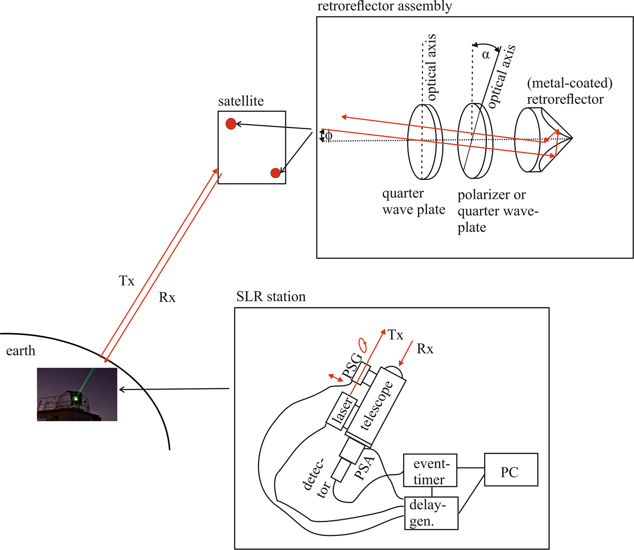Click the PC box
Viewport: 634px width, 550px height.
tap(510, 470)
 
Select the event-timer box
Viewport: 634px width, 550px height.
tap(430, 471)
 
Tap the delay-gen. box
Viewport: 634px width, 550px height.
tap(431, 513)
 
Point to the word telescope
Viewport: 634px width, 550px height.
tap(376, 406)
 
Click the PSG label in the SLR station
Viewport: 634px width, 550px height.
tap(352, 366)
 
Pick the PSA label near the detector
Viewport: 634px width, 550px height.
tap(364, 467)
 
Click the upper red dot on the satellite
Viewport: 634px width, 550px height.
tap(231, 124)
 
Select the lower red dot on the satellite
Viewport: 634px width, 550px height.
tap(275, 173)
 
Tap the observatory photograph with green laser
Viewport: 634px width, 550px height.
tap(77, 394)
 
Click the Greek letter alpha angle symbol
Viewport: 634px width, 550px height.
tap(486, 55)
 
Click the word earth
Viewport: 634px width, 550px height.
tap(21, 351)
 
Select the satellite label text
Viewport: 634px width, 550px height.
tap(241, 101)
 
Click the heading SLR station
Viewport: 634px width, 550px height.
tap(271, 296)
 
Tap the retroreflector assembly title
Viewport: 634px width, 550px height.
tap(384, 6)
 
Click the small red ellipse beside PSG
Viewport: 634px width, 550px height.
tap(362, 345)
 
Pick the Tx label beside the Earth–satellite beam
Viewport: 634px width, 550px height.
tap(126, 281)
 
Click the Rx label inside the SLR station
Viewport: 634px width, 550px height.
tap(425, 349)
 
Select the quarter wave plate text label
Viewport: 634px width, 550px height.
tap(413, 202)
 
